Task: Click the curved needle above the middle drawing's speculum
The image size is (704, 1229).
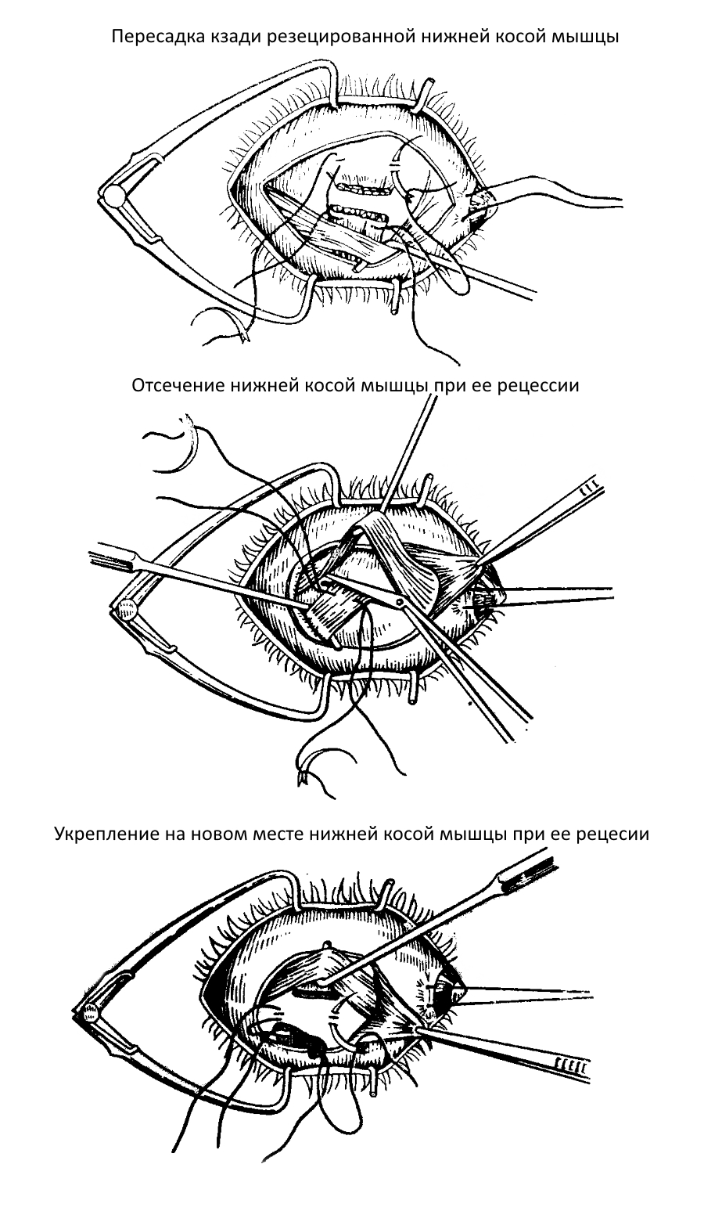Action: pyautogui.click(x=192, y=446)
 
